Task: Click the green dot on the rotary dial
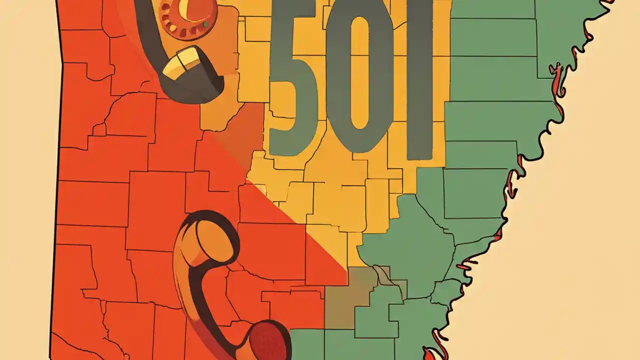pyautogui.click(x=205, y=24)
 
